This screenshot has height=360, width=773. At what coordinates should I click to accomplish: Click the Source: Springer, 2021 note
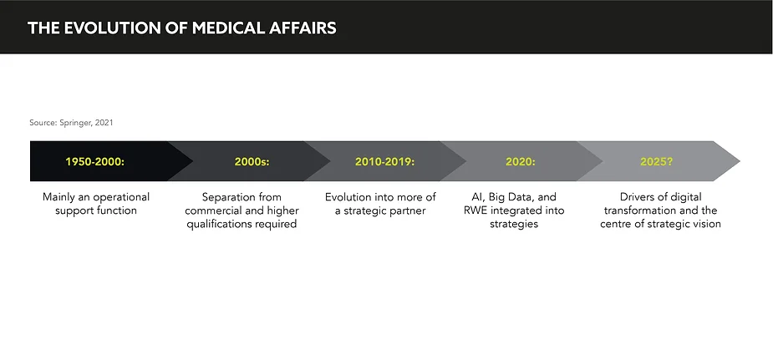coord(71,123)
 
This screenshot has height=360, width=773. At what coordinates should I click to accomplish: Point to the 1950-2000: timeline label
coord(95,161)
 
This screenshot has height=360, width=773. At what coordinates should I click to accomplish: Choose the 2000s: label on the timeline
coord(252,161)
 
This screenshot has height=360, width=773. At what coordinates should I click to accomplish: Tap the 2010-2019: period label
coord(384,161)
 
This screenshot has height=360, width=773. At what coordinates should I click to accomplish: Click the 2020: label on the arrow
coord(520,161)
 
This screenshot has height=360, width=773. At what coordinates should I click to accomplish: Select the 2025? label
coord(656,161)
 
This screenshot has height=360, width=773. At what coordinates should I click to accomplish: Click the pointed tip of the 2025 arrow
coord(740,161)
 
